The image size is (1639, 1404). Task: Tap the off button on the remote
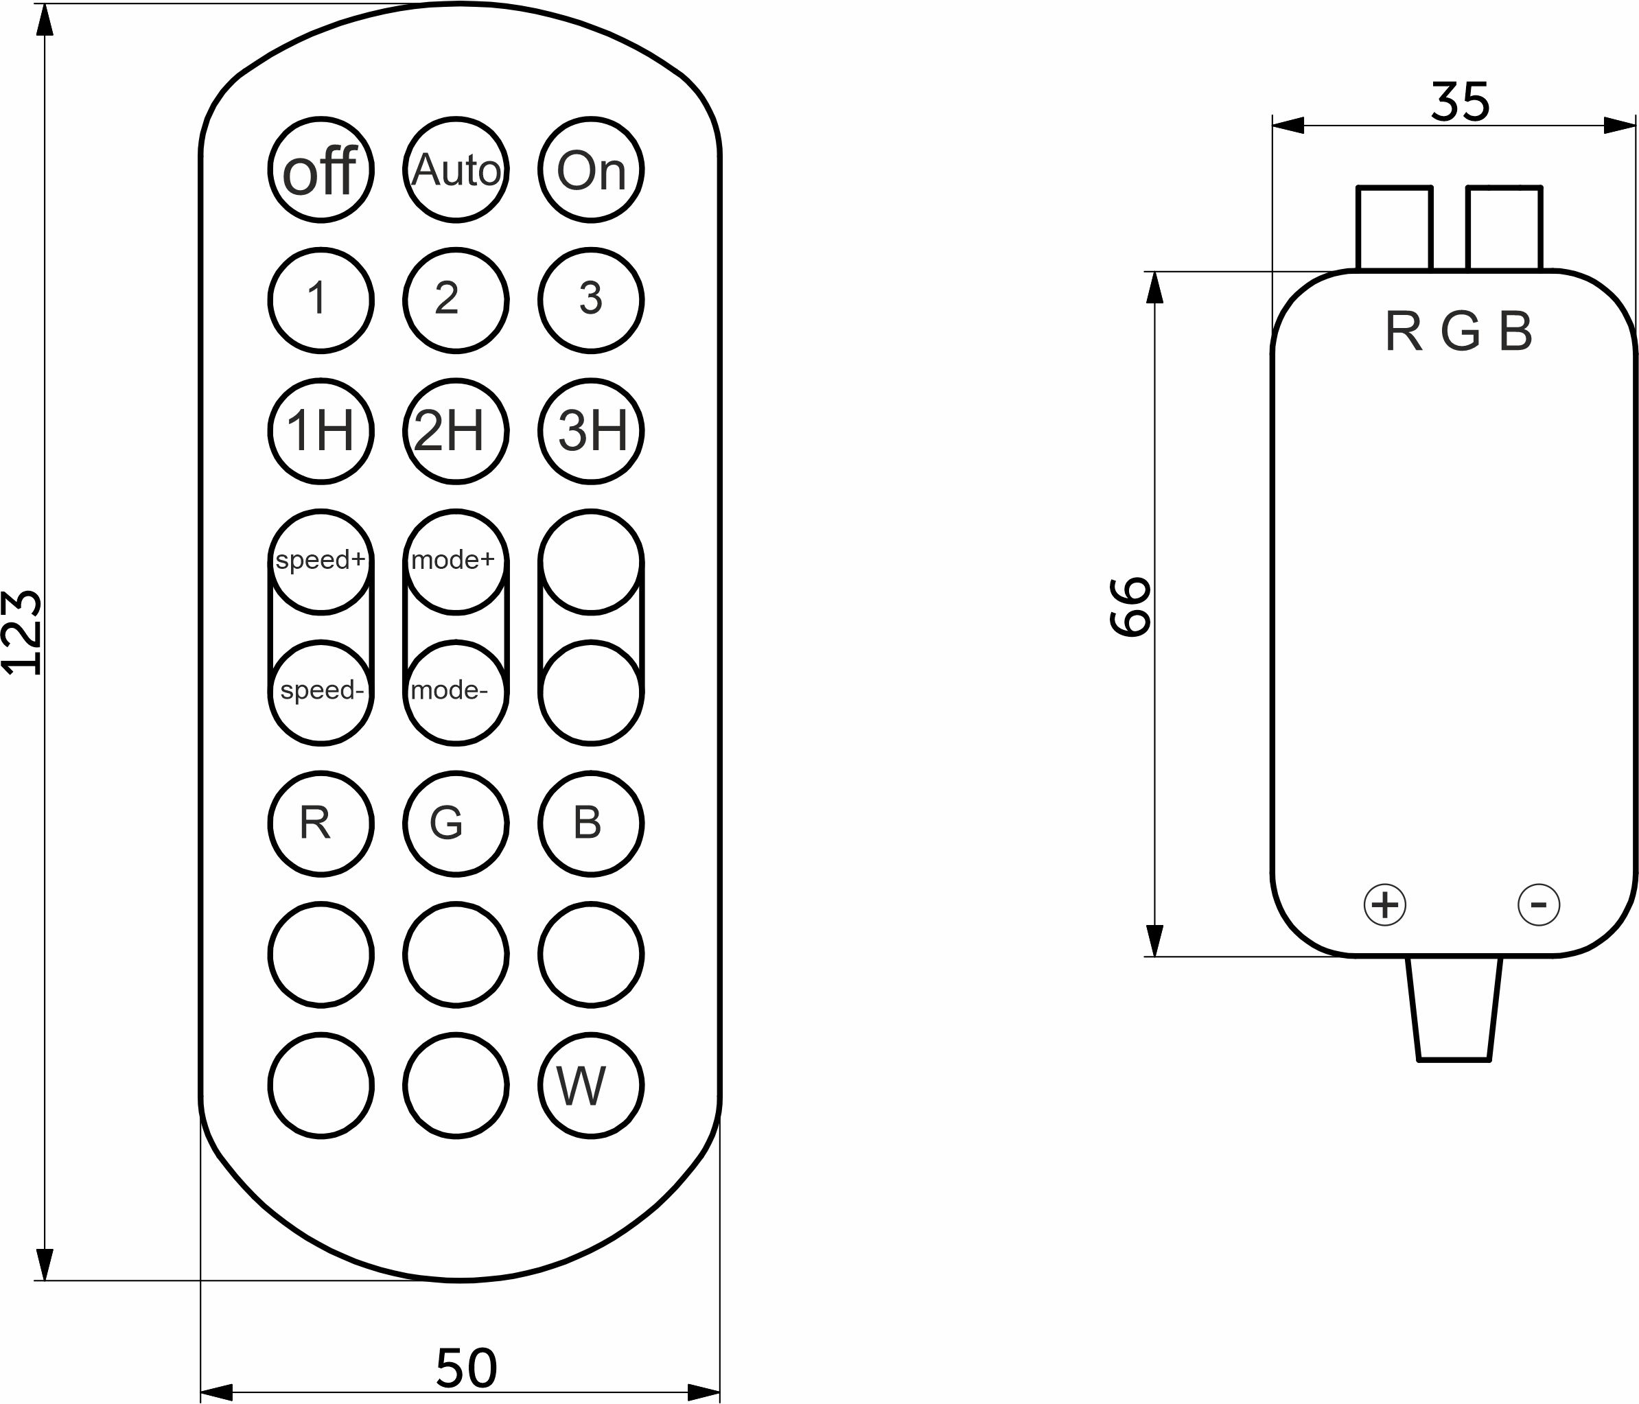click(x=321, y=169)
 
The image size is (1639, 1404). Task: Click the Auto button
click(x=456, y=169)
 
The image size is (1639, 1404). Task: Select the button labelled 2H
click(x=456, y=431)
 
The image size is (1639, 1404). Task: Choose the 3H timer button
click(x=591, y=431)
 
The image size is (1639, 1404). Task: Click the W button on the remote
click(x=591, y=1085)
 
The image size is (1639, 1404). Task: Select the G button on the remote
click(x=456, y=823)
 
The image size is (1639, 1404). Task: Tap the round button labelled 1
click(x=321, y=301)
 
